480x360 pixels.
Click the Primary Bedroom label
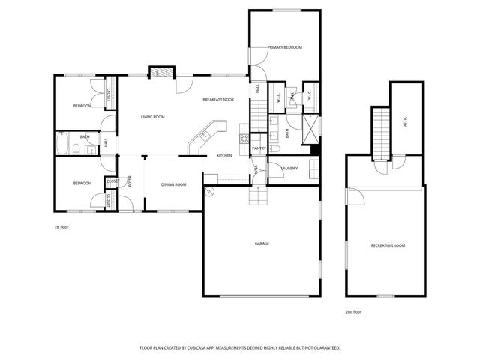click(x=285, y=47)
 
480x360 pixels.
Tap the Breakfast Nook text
click(x=218, y=100)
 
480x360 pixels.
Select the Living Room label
click(x=153, y=117)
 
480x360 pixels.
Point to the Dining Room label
click(x=174, y=184)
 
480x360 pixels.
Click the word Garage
click(x=262, y=243)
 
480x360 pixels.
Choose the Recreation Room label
click(x=388, y=246)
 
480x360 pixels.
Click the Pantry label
click(x=259, y=148)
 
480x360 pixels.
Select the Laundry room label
click(x=289, y=168)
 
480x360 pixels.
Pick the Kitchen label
click(x=224, y=155)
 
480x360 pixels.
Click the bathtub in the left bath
click(x=63, y=142)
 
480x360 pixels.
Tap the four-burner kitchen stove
click(x=244, y=138)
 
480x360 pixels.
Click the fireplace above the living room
click(x=160, y=73)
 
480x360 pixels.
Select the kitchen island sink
click(x=203, y=137)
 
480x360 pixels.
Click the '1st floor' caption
click(x=61, y=226)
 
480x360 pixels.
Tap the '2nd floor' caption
click(x=353, y=310)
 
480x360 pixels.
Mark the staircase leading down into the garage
click(x=259, y=196)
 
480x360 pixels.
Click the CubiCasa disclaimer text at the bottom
click(x=240, y=348)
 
